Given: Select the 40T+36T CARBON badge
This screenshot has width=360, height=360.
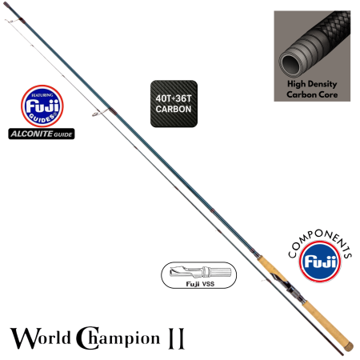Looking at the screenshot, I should tap(172, 104).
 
